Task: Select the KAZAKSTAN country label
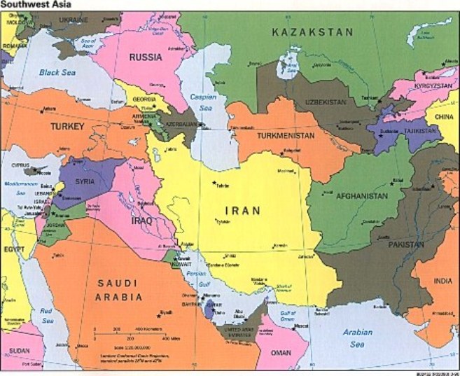[x=312, y=32]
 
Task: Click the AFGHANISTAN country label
[x=361, y=197]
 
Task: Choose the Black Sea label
[x=57, y=71]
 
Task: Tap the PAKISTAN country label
[x=402, y=244]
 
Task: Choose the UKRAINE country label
[x=69, y=20]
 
